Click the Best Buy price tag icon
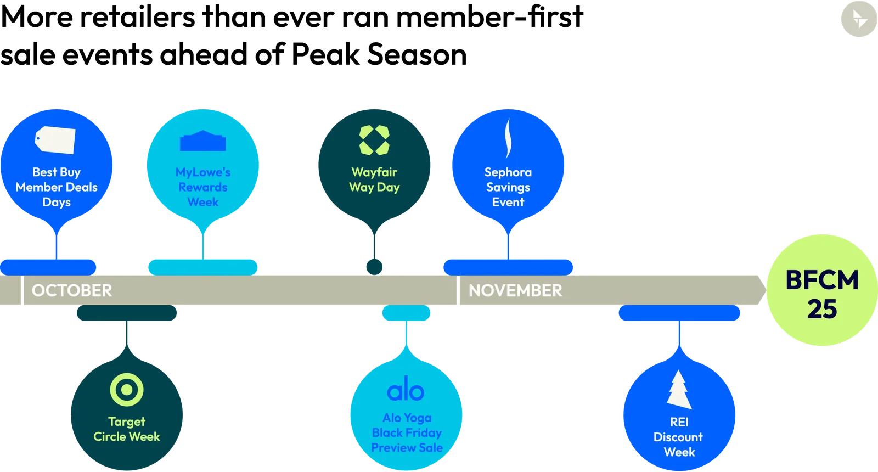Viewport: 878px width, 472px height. [55, 140]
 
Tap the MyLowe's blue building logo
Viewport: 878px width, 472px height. [203, 142]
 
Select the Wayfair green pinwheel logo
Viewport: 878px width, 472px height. [374, 140]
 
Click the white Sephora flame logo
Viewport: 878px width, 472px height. [508, 138]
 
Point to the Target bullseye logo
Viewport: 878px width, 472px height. [127, 390]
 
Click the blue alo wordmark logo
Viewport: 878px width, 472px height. [406, 391]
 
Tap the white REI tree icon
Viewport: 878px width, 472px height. [679, 390]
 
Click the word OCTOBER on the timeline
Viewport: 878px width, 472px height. [72, 290]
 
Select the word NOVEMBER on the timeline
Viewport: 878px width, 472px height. [515, 290]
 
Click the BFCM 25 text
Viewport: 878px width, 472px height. [821, 294]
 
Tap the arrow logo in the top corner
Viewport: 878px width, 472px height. [859, 19]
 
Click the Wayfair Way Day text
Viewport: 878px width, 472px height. [374, 179]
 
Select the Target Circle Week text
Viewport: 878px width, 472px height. [127, 429]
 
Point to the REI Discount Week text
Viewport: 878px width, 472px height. [679, 437]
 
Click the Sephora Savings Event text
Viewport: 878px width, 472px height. [508, 187]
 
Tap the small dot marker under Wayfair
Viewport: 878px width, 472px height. [374, 267]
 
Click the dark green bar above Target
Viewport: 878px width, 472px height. [127, 313]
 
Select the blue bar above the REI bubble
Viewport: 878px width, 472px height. [679, 314]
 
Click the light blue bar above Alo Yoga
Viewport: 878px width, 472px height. [406, 313]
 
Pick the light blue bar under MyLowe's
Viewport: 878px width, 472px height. [202, 267]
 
